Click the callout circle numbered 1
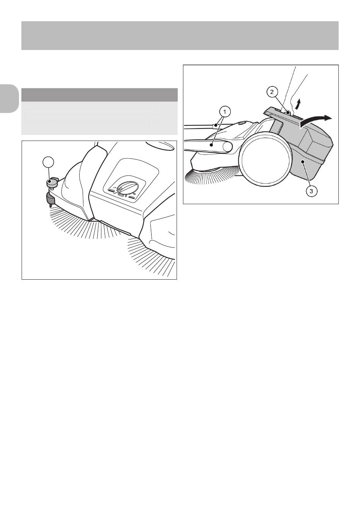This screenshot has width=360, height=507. (x=225, y=112)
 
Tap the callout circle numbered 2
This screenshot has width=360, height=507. (x=272, y=92)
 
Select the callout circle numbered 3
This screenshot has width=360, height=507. (x=311, y=191)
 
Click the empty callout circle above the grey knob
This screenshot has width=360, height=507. (x=49, y=163)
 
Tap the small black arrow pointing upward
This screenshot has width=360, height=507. (x=299, y=104)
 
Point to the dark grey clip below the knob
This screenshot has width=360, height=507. (x=50, y=199)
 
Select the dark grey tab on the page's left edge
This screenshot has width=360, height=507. (x=9, y=99)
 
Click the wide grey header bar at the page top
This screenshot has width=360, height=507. (x=180, y=36)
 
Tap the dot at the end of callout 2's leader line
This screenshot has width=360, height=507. (x=288, y=112)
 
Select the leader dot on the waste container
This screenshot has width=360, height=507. (x=302, y=161)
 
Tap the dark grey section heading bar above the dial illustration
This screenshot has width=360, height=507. (x=99, y=95)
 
